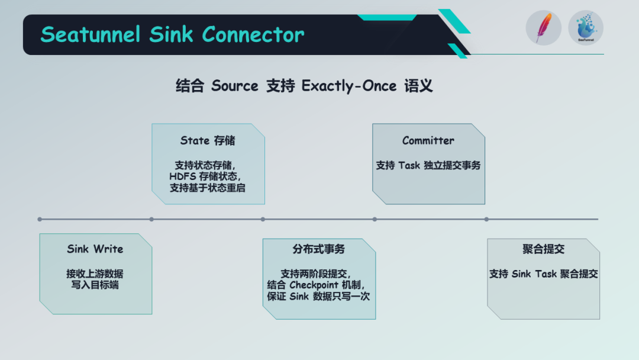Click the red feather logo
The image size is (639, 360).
[x=543, y=28]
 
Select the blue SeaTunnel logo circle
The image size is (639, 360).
[x=586, y=28]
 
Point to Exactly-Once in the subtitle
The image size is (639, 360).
[x=349, y=86]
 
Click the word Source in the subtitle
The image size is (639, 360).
[x=235, y=86]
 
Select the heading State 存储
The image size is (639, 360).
[x=208, y=140]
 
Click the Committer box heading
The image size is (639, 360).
[x=428, y=140]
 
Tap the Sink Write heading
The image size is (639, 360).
[x=95, y=249]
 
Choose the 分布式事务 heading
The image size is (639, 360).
[x=319, y=249]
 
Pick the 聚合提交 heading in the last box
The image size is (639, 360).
[x=543, y=249]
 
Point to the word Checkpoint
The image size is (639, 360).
[x=314, y=285]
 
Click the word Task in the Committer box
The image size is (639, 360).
[x=409, y=166]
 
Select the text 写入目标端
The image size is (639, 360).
[x=95, y=285]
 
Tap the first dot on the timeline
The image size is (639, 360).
[x=40, y=219]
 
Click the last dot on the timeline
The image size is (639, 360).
[x=486, y=219]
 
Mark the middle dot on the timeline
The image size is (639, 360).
[x=263, y=219]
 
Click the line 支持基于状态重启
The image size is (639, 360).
[x=208, y=188]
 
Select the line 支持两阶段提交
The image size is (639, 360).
[x=316, y=274]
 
